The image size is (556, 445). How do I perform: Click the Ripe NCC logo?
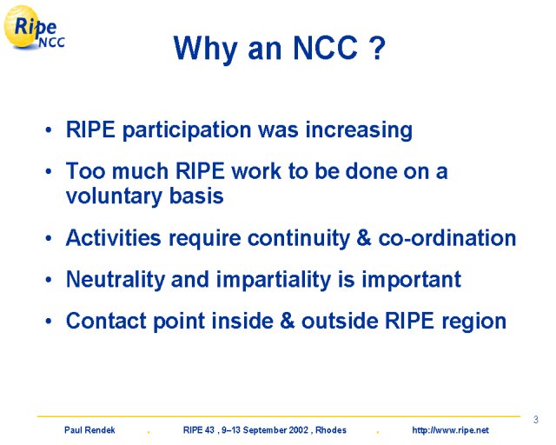tap(35, 27)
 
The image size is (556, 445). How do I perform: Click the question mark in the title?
tap(376, 48)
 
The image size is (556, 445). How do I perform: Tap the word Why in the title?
tap(205, 50)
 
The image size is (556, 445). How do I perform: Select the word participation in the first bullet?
tap(186, 130)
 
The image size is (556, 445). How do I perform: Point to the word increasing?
tap(359, 130)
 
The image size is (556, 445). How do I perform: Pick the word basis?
tap(196, 196)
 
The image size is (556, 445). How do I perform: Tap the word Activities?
tap(114, 237)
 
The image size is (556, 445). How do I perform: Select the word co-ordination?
tap(447, 237)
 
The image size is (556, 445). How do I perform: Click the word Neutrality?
tap(116, 280)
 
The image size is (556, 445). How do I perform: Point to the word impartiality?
tap(274, 280)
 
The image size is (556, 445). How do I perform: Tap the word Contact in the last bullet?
tap(106, 321)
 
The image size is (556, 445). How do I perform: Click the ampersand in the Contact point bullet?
tap(288, 321)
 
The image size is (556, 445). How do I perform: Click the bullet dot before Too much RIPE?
tap(49, 172)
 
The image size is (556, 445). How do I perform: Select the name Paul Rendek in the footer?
tap(89, 430)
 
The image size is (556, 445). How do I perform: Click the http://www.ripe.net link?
tap(450, 430)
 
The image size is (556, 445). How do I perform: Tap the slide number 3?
tap(536, 420)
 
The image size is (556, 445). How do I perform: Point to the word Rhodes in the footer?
tap(331, 430)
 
